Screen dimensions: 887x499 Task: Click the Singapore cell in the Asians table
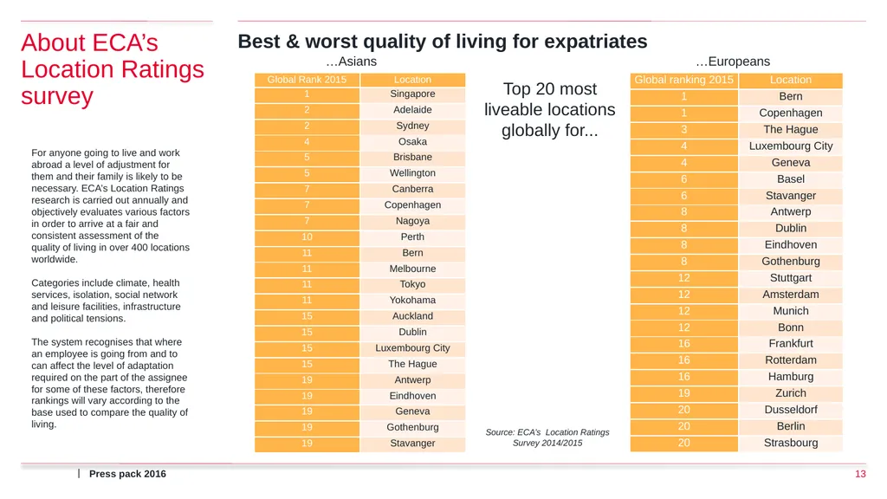coord(412,94)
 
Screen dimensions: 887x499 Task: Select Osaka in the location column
coord(412,141)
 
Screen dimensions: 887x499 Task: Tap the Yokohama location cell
coord(412,300)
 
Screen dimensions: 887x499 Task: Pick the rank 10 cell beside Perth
coord(307,237)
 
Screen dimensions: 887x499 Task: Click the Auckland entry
coord(412,315)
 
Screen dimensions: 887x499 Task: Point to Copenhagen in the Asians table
coord(412,204)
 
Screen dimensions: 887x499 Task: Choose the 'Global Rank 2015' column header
coord(307,80)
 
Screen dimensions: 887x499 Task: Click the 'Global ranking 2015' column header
coord(684,80)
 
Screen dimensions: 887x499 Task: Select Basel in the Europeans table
coord(791,178)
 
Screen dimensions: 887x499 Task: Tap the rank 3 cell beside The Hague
coord(684,130)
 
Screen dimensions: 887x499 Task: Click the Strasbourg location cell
coord(791,443)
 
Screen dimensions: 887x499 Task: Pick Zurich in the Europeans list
coord(791,393)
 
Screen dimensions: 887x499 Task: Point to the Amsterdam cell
coord(791,295)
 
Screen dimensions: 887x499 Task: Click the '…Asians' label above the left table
coord(352,62)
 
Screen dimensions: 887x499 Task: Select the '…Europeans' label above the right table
coord(733,62)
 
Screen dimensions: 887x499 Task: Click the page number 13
coord(860,474)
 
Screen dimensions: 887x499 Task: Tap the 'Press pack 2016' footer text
coord(127,474)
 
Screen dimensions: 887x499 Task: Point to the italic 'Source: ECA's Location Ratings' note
coord(547,432)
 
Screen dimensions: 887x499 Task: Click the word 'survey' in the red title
coord(57,96)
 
